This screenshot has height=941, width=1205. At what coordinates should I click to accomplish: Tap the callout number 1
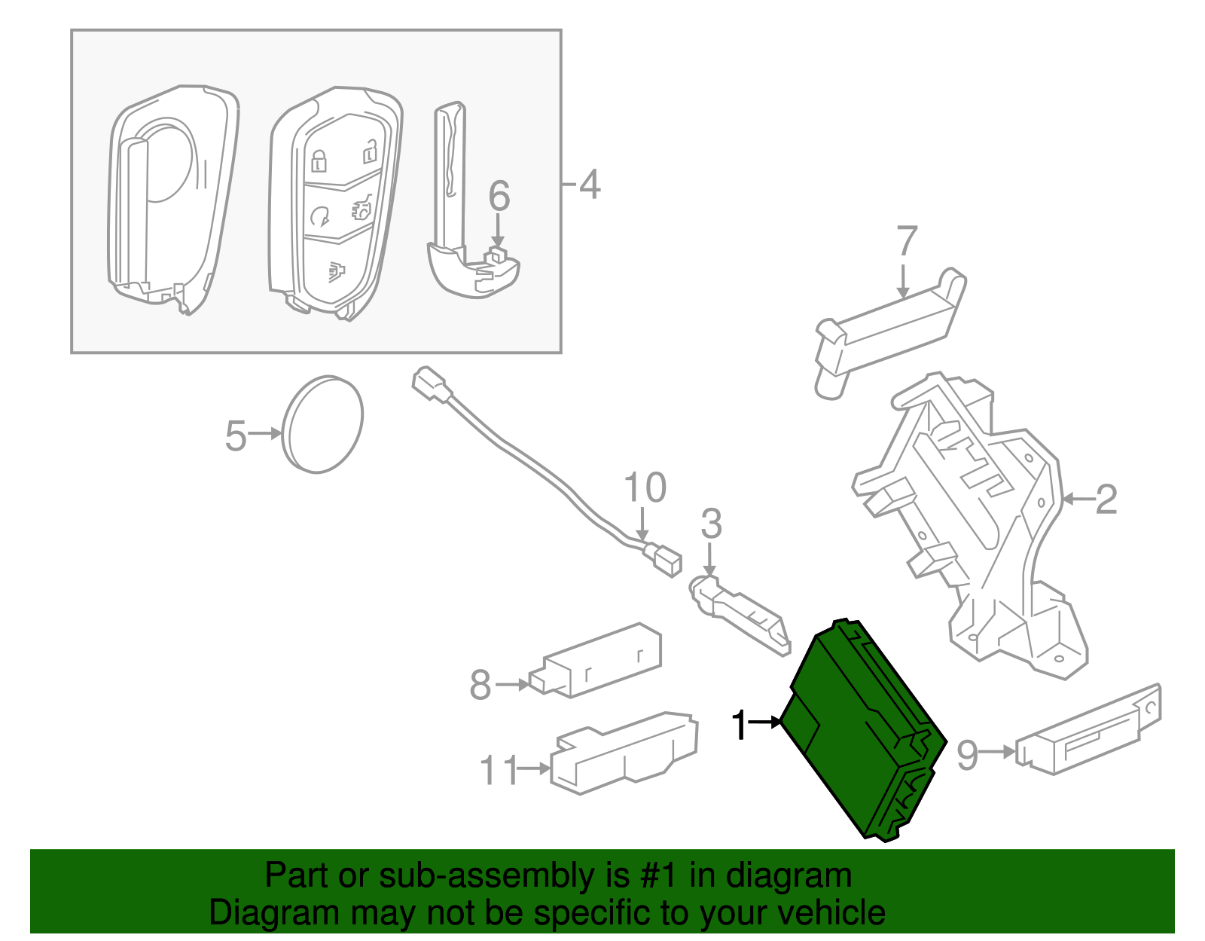coord(740,725)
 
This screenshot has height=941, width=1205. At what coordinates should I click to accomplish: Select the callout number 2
coord(1105,500)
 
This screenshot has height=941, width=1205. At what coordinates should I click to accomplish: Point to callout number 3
coord(711,524)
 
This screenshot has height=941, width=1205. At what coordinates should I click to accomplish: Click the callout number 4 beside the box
coord(589,185)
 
